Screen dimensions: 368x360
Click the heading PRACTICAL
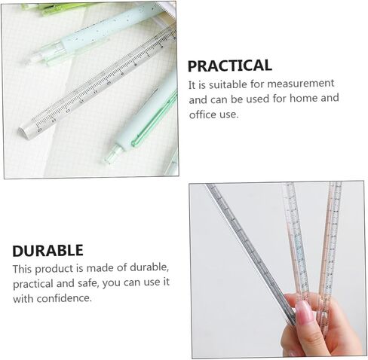[230, 66]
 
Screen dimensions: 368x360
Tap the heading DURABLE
[48, 251]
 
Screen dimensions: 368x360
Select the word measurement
[300, 84]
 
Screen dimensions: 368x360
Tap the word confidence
[64, 298]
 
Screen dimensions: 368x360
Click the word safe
[87, 283]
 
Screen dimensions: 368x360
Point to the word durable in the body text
[149, 268]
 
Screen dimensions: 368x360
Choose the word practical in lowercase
[33, 284]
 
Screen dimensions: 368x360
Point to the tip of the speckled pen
[35, 59]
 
